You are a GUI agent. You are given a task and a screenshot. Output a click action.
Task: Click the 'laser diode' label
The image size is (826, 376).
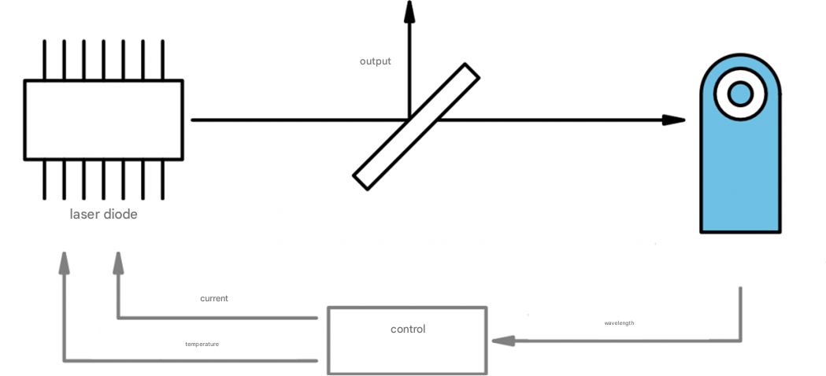[x=103, y=214]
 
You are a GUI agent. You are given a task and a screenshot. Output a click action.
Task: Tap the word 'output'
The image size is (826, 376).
[x=375, y=61]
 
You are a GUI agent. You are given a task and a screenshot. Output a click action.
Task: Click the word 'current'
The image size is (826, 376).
[x=214, y=299]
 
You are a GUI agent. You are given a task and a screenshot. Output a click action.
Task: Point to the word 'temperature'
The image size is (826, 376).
[x=202, y=345]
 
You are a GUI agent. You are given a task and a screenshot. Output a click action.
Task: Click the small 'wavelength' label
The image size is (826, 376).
[x=619, y=323]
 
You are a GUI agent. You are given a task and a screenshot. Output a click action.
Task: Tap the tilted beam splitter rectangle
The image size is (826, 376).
[x=416, y=127]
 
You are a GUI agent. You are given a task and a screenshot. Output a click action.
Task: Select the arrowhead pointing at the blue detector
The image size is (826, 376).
[x=673, y=120]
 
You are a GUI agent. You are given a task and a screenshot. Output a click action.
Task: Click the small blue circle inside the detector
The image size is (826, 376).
[x=740, y=94]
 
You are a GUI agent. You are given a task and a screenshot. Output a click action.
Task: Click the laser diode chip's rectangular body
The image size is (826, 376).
[x=103, y=120]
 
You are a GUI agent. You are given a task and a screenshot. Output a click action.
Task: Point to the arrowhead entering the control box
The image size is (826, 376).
[x=502, y=341]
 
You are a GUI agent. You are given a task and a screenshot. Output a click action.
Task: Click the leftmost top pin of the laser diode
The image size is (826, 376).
[x=44, y=59]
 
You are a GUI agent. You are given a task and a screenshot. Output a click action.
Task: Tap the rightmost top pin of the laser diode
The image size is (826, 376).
[x=162, y=59]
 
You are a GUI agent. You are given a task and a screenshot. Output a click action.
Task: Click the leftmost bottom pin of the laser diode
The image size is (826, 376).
[x=44, y=179]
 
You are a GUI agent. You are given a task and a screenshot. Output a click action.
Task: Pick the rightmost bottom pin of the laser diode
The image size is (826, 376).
[x=162, y=179]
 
